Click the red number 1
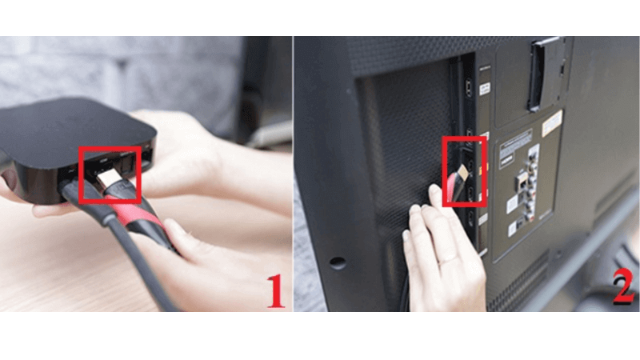pos(274,293)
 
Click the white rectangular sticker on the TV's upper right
pos(551,122)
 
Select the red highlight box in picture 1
pos(110,174)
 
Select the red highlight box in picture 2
pos(463,170)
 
